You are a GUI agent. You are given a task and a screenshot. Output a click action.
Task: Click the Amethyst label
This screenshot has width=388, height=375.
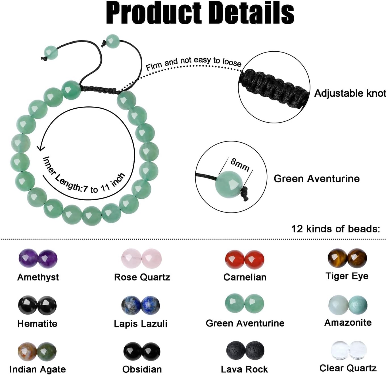pyautogui.click(x=38, y=277)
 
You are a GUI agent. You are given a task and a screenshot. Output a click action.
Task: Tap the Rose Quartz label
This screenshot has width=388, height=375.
pyautogui.click(x=142, y=277)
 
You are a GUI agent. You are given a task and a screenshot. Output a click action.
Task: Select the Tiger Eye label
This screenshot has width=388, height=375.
pyautogui.click(x=347, y=276)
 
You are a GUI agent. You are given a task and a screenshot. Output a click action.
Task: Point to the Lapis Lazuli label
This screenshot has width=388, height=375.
pyautogui.click(x=141, y=324)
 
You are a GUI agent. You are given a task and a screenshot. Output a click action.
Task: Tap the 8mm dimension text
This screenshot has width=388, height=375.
pyautogui.click(x=240, y=165)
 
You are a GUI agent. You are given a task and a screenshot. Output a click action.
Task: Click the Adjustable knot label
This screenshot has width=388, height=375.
pyautogui.click(x=350, y=93)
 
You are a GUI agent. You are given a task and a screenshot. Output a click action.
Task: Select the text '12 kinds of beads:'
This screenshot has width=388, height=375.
pyautogui.click(x=335, y=229)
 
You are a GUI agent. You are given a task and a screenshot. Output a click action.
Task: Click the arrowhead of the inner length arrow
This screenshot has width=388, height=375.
pyautogui.click(x=41, y=148)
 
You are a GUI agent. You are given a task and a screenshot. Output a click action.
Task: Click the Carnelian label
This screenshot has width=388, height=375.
pyautogui.click(x=245, y=277)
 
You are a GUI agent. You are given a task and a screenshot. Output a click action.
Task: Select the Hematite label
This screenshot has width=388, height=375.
pyautogui.click(x=37, y=324)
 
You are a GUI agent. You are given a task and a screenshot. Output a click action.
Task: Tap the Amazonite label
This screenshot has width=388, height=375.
pyautogui.click(x=348, y=323)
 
